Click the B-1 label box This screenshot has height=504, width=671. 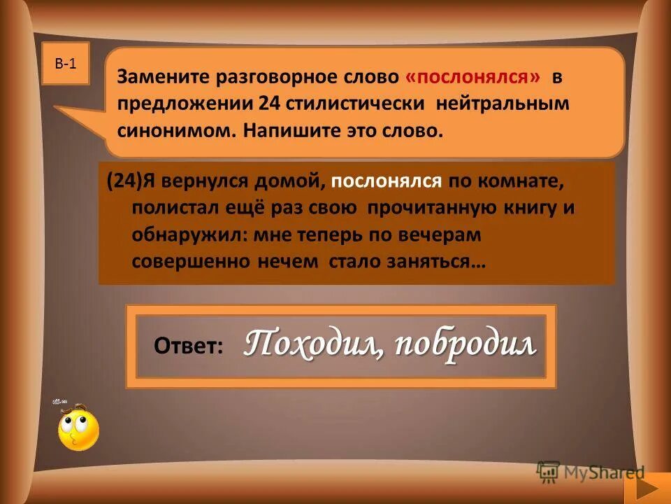point(65,64)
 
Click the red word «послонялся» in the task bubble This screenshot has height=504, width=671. point(472,78)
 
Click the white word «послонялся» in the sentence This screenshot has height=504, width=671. point(387,182)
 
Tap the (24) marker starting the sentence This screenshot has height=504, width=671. point(124,182)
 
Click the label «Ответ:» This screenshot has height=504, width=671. point(188,346)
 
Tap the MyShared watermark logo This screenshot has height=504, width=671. point(591,472)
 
